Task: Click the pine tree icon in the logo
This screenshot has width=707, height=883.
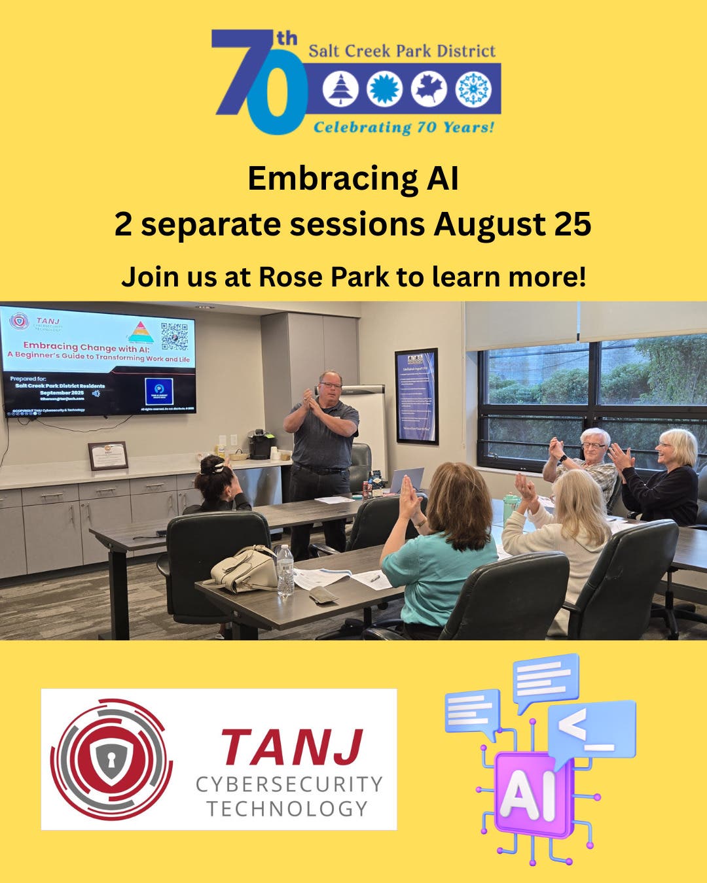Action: [340, 89]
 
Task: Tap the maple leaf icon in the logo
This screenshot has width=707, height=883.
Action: [429, 89]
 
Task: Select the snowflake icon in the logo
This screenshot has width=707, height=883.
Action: [473, 89]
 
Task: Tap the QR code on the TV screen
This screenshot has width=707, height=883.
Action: [174, 336]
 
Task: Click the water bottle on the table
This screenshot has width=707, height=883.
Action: [285, 570]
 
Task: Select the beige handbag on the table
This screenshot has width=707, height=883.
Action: [245, 569]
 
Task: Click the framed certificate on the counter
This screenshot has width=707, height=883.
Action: [108, 455]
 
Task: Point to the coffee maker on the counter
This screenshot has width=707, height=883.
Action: [261, 444]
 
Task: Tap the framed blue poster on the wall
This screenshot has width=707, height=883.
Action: [416, 396]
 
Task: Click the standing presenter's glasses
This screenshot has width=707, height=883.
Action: [331, 385]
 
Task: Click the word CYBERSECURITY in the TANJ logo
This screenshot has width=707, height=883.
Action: [289, 784]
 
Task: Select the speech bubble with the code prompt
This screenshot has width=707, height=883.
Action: [592, 728]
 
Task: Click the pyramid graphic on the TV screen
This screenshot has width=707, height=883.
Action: [140, 331]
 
